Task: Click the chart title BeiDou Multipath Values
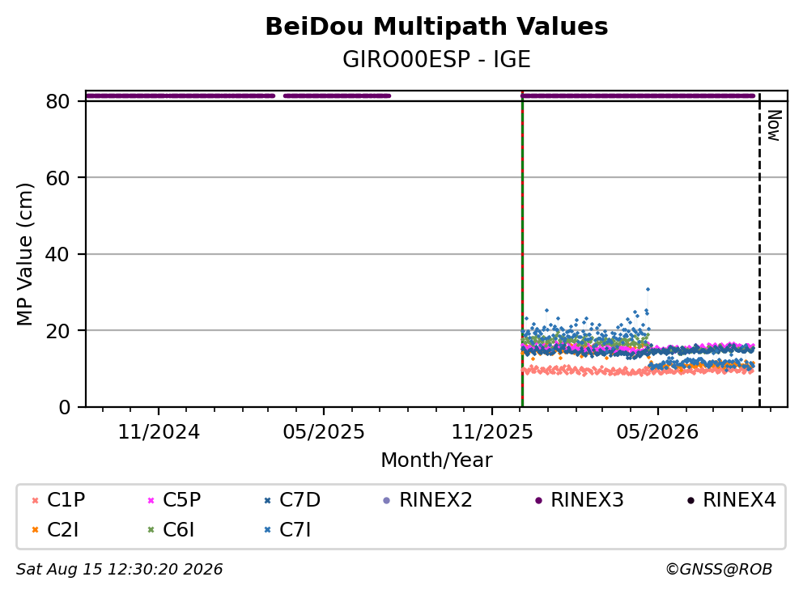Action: click(436, 27)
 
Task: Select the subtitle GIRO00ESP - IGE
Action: click(436, 59)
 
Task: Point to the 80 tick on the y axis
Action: click(57, 101)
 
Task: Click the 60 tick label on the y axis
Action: click(57, 178)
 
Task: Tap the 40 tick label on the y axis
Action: click(57, 254)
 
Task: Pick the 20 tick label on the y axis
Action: click(57, 331)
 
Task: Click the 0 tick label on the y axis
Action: click(64, 407)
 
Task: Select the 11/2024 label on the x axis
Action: click(159, 432)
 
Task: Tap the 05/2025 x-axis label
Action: click(324, 432)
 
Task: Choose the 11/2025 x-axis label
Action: click(492, 432)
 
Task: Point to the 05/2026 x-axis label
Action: click(657, 432)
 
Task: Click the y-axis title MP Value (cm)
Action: click(24, 254)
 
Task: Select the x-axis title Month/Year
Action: click(436, 460)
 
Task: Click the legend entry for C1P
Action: click(57, 500)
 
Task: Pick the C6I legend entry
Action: click(171, 530)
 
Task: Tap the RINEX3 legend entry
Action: click(580, 500)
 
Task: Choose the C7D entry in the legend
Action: click(292, 500)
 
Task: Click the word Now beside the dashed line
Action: click(774, 125)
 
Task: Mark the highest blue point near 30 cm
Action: click(648, 290)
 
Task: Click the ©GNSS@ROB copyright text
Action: click(719, 569)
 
